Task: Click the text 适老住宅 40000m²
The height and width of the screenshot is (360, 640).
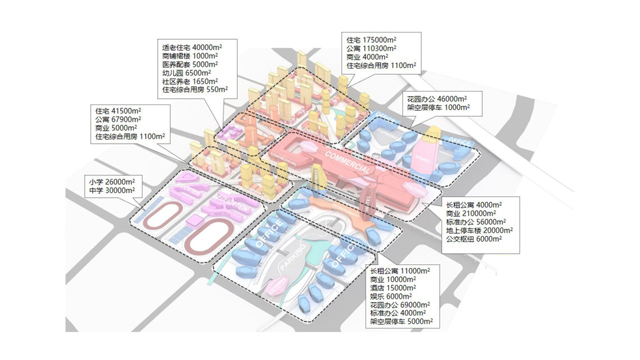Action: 190,47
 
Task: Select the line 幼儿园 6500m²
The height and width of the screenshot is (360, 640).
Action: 186,72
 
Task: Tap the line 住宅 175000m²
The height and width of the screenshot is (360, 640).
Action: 371,40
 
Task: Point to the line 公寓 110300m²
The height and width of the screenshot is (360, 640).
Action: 371,49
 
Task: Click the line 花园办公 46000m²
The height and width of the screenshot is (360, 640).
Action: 437,99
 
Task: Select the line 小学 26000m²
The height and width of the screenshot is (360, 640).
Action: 112,182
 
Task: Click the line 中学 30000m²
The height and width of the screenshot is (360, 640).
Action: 112,190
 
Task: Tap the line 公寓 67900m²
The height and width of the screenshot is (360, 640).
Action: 118,119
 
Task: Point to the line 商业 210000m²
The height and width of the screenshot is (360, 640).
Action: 470,213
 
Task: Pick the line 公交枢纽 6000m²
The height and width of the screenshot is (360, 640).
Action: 474,239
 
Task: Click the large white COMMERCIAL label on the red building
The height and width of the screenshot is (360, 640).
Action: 347,162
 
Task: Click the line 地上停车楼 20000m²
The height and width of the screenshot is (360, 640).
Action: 479,230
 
